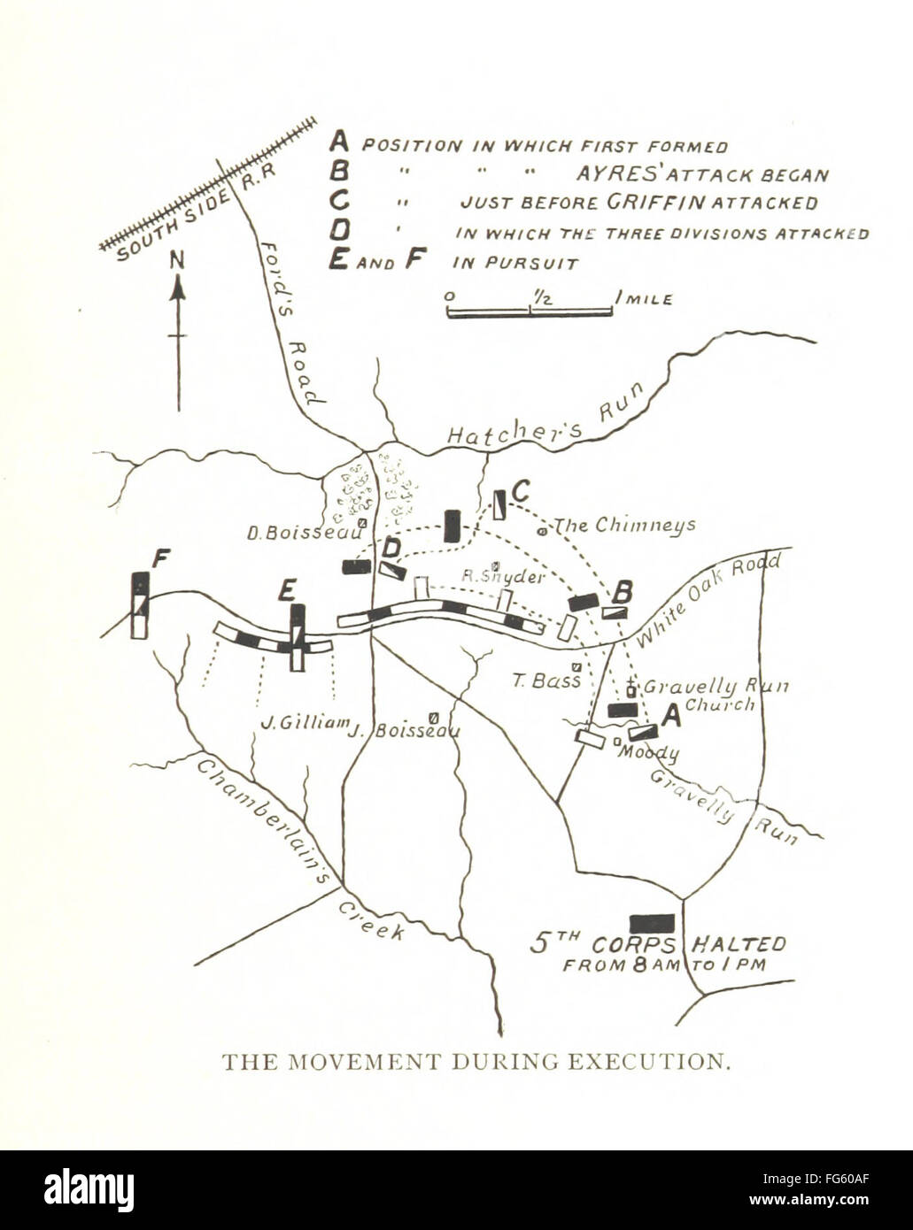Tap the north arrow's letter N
click(x=178, y=260)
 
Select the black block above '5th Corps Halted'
click(x=652, y=924)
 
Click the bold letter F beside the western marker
click(x=161, y=557)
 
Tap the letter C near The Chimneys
click(x=521, y=489)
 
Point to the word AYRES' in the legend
click(x=615, y=174)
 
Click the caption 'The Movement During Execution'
click(x=476, y=1061)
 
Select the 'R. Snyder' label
click(x=503, y=576)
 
